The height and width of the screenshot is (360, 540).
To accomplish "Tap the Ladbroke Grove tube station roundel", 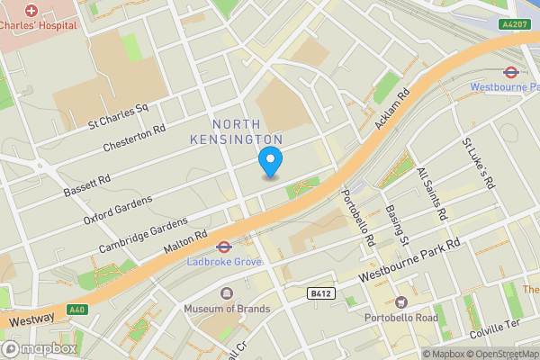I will pos(222,245).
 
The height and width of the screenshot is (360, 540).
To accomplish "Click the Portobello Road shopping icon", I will pos(400,302).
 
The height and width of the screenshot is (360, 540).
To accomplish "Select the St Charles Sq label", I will pos(117,114).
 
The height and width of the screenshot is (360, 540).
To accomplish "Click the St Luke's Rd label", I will pos(478,163).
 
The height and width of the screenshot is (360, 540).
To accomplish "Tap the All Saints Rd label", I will pos(432,194).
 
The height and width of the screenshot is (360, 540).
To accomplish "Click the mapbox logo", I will pos(40,348).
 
